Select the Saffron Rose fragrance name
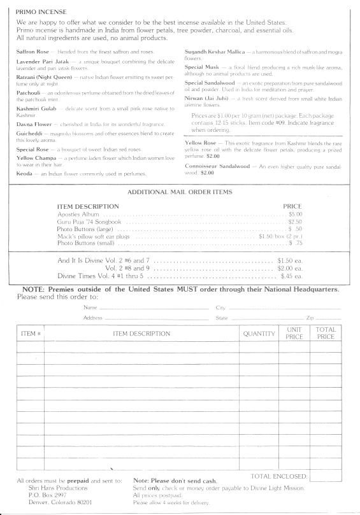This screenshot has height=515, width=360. (35, 51)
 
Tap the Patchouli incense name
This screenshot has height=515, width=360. (31, 92)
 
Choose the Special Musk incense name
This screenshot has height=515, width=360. (203, 67)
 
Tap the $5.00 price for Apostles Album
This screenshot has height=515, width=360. (295, 214)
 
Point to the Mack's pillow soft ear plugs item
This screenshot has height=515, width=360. (94, 236)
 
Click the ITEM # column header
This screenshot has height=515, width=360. (31, 334)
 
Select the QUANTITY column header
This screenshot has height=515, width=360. (259, 334)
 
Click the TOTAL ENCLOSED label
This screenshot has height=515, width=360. (279, 476)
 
